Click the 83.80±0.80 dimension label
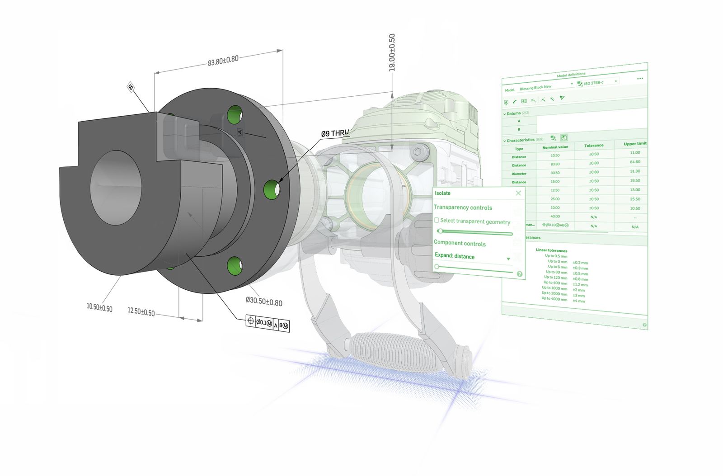pos(223,61)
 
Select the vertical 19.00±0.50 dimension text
pos(392,52)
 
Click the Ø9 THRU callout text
pos(335,133)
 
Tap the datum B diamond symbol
pos(131,87)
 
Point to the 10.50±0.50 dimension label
pos(99,307)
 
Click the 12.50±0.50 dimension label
pos(141,312)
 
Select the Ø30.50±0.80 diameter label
pos(264,302)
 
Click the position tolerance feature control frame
pos(268,323)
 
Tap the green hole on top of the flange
pos(235,114)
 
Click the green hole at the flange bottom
pos(235,266)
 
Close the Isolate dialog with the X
pos(518,193)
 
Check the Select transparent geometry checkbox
pos(437,220)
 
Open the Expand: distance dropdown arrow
pos(508,259)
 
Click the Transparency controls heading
pos(463,207)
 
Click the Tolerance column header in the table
pos(594,146)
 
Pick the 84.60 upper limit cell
pos(635,162)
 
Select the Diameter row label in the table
pos(519,174)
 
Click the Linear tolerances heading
pos(551,250)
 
